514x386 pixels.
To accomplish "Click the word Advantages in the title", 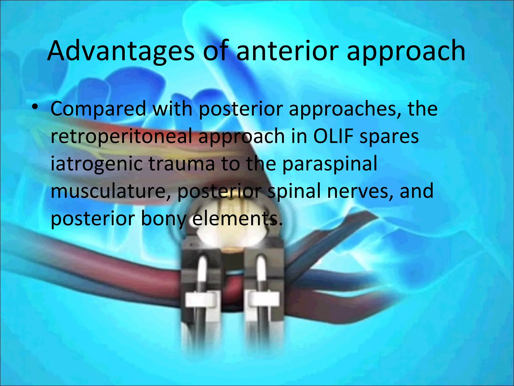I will coord(120,52).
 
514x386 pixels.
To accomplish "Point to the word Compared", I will coord(98,109).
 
